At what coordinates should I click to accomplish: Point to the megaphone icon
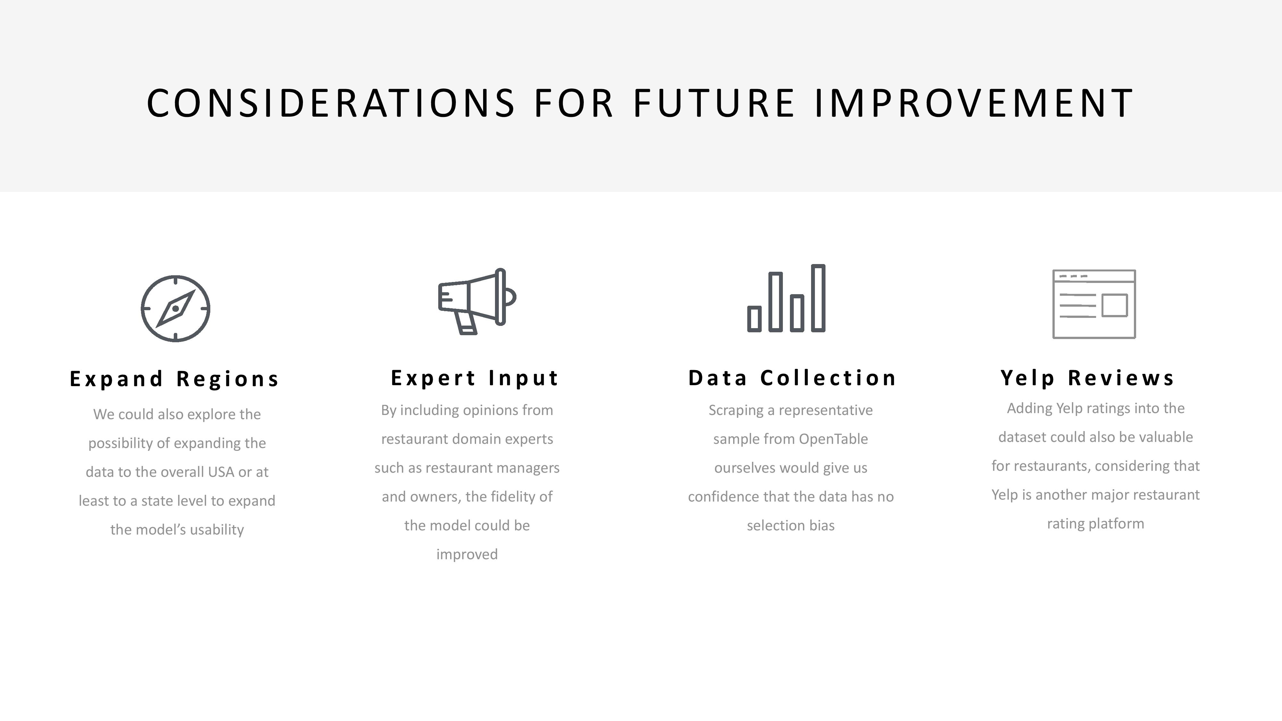point(477,301)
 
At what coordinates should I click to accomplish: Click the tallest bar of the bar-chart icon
point(818,298)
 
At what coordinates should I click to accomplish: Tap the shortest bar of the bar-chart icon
point(754,319)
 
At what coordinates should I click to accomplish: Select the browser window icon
point(1094,304)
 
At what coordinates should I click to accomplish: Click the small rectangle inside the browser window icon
point(1114,305)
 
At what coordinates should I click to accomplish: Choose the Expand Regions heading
point(174,379)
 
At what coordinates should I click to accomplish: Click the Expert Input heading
point(475,378)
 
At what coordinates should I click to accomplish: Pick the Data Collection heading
point(792,378)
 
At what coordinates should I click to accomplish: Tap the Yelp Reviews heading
point(1087,378)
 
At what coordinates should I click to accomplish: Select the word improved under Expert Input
point(467,554)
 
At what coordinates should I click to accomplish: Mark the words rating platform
point(1095,524)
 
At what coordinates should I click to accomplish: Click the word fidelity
point(510,497)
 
